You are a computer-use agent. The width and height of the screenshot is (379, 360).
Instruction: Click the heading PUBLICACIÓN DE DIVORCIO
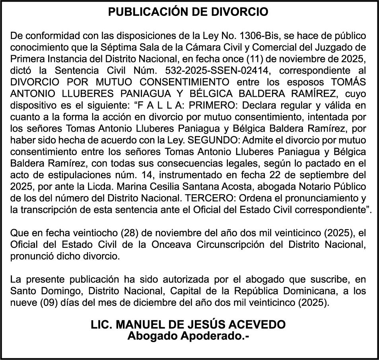click(x=189, y=12)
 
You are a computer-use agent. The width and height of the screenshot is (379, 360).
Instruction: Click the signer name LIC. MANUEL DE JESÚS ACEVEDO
click(x=189, y=325)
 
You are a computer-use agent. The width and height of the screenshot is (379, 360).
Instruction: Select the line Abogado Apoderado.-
click(x=189, y=336)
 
